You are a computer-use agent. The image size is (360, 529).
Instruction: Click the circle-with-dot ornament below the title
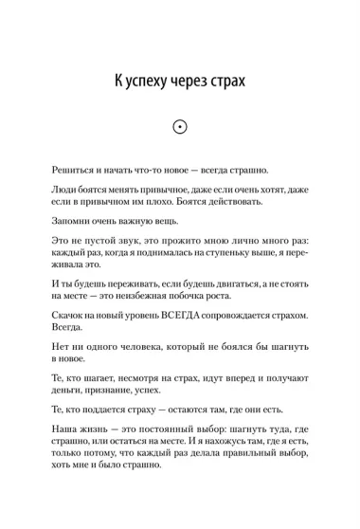pos(179,127)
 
